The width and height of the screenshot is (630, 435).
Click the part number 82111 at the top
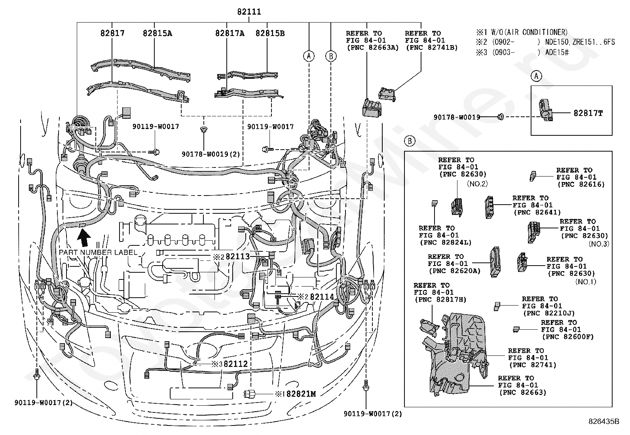[249, 12]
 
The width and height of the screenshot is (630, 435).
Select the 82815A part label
[157, 33]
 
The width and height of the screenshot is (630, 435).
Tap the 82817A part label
[230, 33]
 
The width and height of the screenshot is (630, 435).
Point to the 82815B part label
[270, 33]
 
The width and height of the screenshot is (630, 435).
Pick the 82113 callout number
[238, 256]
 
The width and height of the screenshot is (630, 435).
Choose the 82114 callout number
[322, 297]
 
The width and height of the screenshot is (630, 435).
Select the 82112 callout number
[236, 364]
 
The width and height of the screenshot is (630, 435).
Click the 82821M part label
[301, 394]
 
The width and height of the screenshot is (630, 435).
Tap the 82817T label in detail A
[588, 113]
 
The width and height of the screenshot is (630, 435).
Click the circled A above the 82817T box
[536, 76]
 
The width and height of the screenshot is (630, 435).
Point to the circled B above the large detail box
[410, 141]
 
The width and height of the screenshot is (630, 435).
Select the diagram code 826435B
[604, 421]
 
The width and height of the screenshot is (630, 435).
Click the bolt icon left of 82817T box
[500, 116]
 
